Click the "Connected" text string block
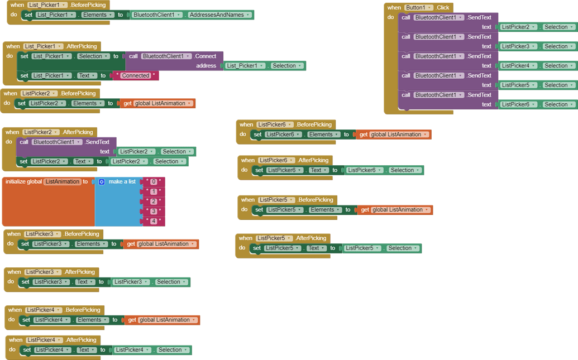coord(136,75)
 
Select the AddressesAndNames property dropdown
coord(220,15)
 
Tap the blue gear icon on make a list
coord(102,182)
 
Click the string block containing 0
coord(154,182)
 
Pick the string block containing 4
coord(154,222)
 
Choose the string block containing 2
coord(154,201)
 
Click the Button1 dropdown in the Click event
coord(419,8)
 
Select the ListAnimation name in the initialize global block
coord(63,182)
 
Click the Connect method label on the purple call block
coord(205,56)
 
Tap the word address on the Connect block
coord(206,66)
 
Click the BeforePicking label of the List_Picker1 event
coord(89,5)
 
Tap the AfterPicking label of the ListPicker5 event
coord(311,238)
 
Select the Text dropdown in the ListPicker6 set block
coord(318,170)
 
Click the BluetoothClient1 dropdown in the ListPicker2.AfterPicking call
coord(56,142)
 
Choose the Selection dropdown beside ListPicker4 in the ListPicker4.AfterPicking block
coord(173,350)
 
